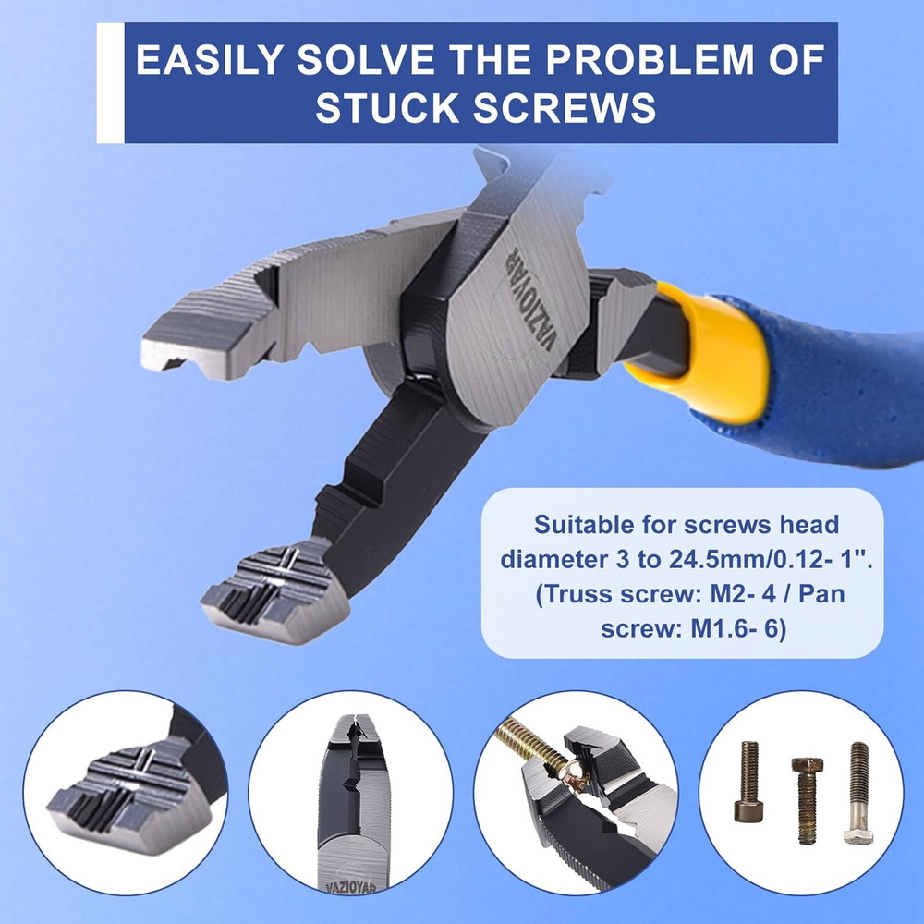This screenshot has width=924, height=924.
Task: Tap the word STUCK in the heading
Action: point(387,108)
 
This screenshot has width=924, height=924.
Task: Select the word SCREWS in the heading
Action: point(564,108)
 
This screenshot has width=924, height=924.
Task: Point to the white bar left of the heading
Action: point(110,84)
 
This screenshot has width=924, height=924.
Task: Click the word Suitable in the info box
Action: point(589,526)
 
